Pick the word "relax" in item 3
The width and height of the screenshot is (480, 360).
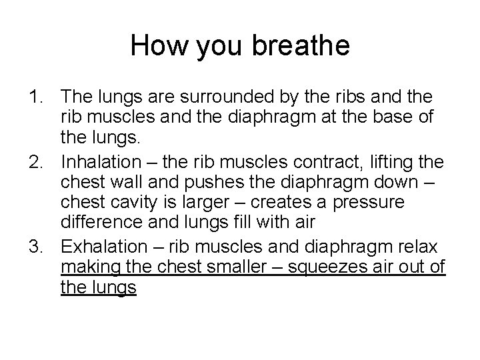pos(417,246)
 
